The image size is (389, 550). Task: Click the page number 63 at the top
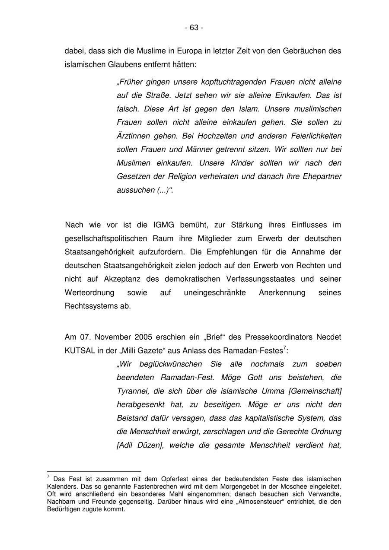(194, 28)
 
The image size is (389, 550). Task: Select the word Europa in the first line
(189, 51)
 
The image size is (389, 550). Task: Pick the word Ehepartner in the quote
(322, 177)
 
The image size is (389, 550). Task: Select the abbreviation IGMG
(163, 225)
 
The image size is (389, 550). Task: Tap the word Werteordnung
(89, 293)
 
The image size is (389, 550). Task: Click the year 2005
(143, 337)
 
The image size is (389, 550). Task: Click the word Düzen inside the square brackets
(148, 445)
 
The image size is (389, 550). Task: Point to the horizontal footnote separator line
(94, 471)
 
